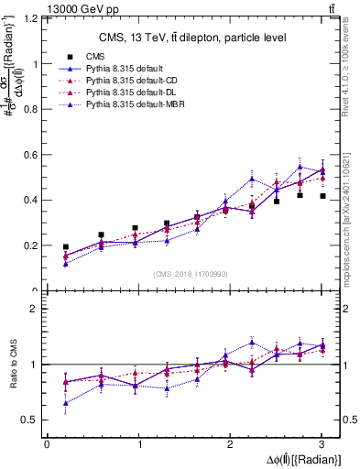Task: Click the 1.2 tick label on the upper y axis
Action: [30, 19]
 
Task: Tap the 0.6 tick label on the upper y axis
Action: [30, 155]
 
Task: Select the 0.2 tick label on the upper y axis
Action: [30, 245]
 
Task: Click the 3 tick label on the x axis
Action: [322, 444]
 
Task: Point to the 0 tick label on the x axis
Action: [47, 444]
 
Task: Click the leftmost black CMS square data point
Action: [65, 247]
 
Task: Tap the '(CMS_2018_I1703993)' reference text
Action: [191, 274]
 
